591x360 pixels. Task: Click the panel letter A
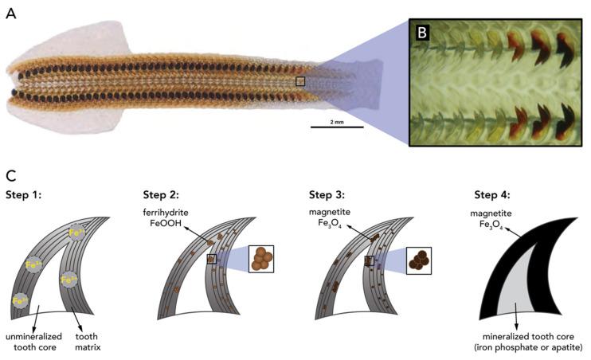click(11, 14)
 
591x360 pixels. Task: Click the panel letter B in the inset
click(422, 33)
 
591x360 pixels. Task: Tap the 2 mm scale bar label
click(335, 121)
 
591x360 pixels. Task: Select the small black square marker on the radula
click(300, 81)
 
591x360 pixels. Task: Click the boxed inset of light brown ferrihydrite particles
click(264, 259)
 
